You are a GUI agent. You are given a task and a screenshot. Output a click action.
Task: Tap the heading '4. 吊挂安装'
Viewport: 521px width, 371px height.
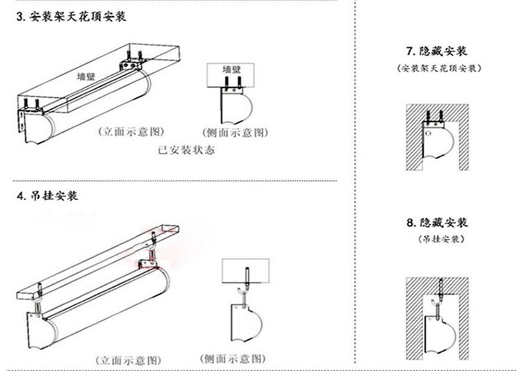click(x=47, y=196)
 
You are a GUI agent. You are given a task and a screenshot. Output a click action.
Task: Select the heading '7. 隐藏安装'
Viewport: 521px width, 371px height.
click(x=436, y=51)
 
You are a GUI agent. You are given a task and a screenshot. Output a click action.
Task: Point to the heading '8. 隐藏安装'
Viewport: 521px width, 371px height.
click(x=436, y=223)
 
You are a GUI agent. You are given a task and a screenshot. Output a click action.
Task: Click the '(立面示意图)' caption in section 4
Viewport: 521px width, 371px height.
click(x=128, y=359)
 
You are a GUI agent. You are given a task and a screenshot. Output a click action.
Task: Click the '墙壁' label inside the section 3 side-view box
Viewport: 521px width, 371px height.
click(x=231, y=69)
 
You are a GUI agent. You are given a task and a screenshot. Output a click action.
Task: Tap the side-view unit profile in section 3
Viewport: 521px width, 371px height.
click(x=236, y=104)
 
